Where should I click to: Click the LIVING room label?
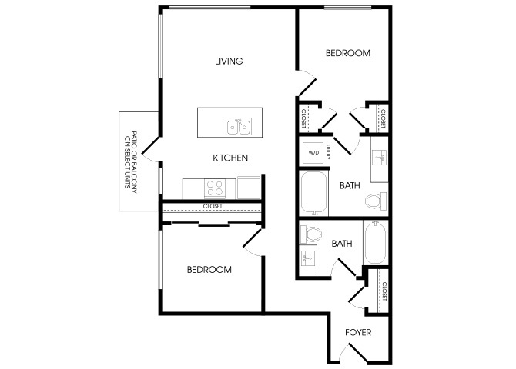tap(229, 61)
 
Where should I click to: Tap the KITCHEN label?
tap(230, 158)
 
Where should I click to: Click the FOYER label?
tap(358, 333)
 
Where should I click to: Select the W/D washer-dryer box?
tap(314, 153)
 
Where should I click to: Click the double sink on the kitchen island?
tap(239, 127)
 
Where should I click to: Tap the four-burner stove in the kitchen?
tap(215, 188)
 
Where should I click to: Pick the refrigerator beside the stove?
tap(249, 188)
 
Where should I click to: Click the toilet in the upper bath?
tap(376, 201)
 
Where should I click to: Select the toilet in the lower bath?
tap(311, 234)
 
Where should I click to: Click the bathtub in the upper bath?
tap(314, 192)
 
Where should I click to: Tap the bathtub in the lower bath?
tap(376, 242)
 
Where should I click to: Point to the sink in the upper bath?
tap(380, 158)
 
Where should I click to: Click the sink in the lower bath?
tap(308, 259)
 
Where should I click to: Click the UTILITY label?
tap(328, 151)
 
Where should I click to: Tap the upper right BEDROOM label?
tap(348, 53)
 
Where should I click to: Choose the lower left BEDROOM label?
tap(209, 270)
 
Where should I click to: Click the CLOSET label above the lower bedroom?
tap(213, 206)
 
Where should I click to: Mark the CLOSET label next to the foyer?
tap(384, 291)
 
